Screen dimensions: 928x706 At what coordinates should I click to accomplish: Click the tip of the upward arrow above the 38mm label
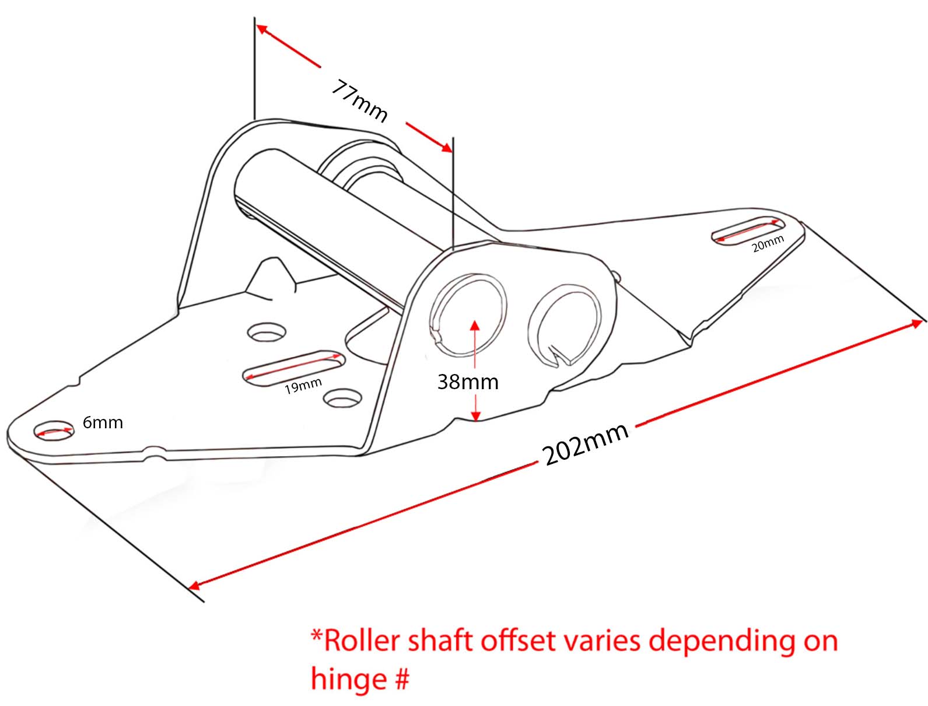(x=475, y=320)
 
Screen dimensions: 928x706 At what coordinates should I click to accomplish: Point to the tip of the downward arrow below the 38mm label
(x=475, y=421)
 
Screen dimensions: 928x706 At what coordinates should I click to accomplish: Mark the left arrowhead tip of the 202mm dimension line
(x=188, y=588)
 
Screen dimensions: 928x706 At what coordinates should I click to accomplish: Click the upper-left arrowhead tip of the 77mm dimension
(x=257, y=25)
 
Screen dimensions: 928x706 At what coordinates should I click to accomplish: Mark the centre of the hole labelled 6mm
(x=54, y=431)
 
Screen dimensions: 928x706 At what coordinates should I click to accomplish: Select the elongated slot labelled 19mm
(x=293, y=368)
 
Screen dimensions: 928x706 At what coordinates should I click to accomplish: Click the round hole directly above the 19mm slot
(x=267, y=332)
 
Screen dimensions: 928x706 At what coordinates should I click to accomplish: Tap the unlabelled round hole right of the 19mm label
(x=342, y=399)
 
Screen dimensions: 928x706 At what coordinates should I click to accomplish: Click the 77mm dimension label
(x=359, y=101)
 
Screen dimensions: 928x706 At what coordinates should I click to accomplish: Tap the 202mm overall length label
(x=584, y=443)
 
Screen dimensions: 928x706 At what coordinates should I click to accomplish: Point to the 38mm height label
(x=468, y=382)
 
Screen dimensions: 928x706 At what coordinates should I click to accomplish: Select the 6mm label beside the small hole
(x=103, y=422)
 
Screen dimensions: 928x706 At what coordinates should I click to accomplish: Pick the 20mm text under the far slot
(x=768, y=244)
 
